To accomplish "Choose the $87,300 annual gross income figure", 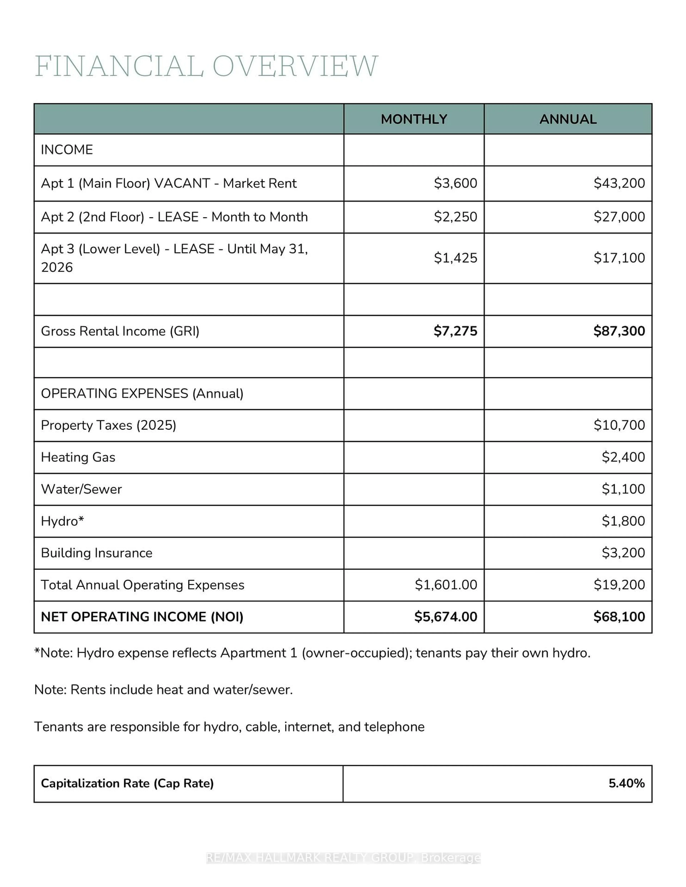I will (x=619, y=331).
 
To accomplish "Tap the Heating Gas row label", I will (x=78, y=457).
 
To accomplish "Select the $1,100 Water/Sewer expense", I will (x=623, y=489).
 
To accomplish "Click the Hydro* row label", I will (x=62, y=521).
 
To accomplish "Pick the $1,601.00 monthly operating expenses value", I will (x=446, y=585).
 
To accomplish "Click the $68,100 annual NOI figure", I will (x=619, y=617).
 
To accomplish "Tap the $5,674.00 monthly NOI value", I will (x=446, y=617).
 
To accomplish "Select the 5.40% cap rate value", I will (x=626, y=783).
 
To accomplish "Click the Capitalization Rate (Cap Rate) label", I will (x=127, y=783).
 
